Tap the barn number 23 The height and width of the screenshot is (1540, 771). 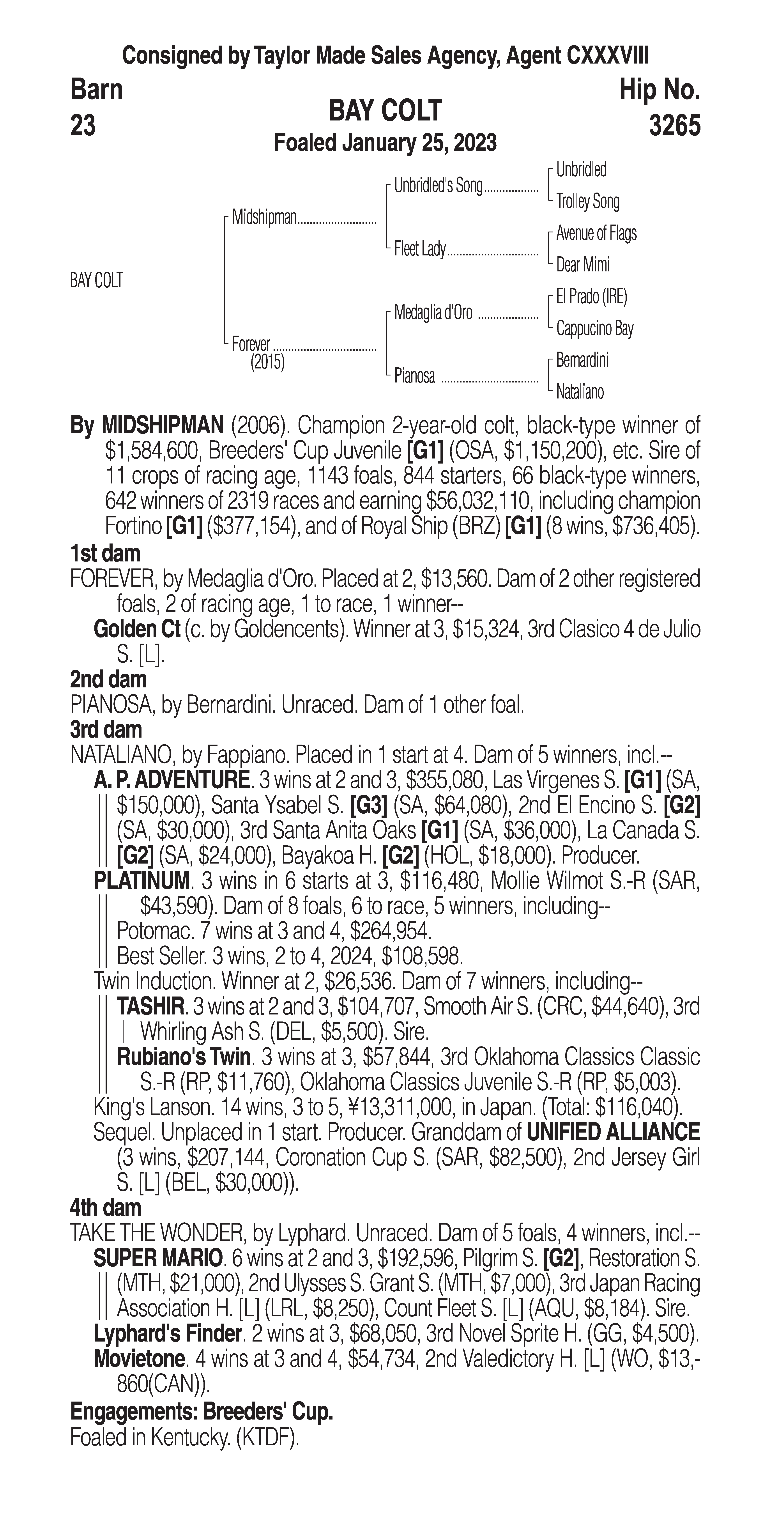click(x=83, y=126)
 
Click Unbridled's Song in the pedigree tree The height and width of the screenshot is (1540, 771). click(x=438, y=186)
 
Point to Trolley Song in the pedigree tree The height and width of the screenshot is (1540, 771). click(x=587, y=202)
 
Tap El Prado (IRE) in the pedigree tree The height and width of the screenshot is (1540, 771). click(x=591, y=297)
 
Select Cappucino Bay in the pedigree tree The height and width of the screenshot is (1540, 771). click(x=594, y=328)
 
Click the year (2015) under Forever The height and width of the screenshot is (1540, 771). click(x=267, y=362)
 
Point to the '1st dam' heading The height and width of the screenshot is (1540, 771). click(x=105, y=554)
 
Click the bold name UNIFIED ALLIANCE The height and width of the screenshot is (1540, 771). click(x=613, y=1132)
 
